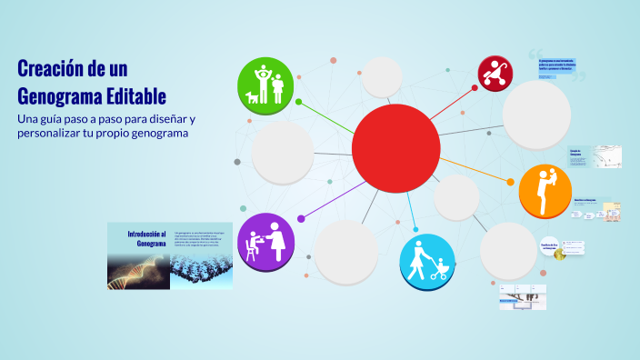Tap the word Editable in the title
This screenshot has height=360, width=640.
(x=135, y=95)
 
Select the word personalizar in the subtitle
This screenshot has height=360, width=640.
(x=56, y=134)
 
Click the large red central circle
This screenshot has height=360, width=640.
(x=395, y=148)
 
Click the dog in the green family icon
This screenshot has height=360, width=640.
(x=252, y=96)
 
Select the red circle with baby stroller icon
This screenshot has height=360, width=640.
(x=496, y=73)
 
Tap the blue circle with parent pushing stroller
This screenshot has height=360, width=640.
(x=426, y=262)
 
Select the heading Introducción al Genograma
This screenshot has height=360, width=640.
(x=145, y=238)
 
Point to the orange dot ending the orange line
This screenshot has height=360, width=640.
(x=511, y=181)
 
